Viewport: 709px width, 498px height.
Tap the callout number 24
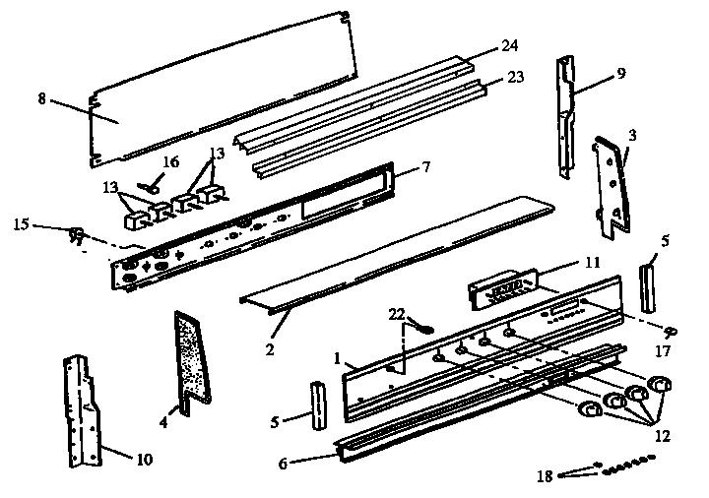pos(508,45)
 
